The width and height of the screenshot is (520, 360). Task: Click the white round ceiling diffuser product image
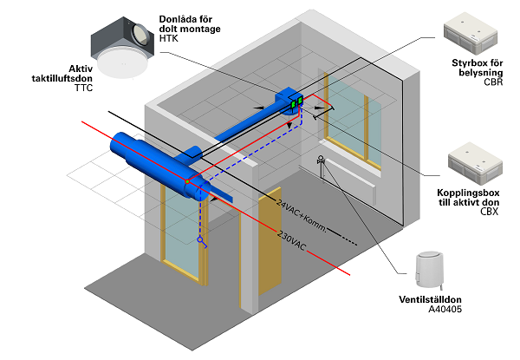pos(120,58)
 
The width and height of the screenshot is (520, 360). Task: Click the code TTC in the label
pos(84,88)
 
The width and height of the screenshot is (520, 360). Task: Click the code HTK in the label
pos(171,39)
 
